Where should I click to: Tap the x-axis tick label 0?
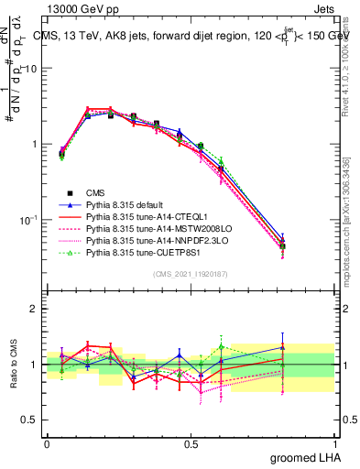(x=48, y=443)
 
